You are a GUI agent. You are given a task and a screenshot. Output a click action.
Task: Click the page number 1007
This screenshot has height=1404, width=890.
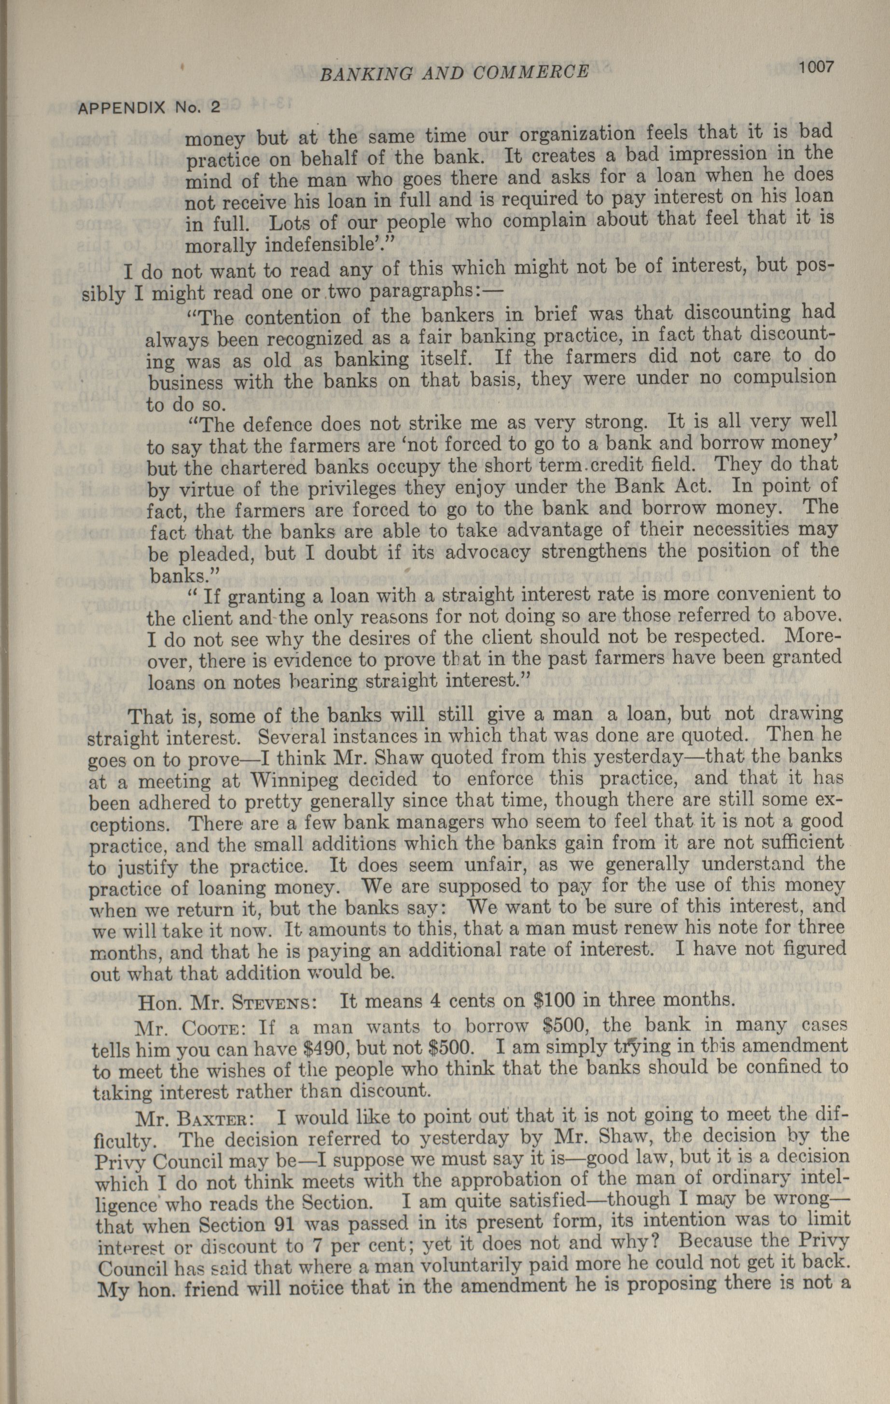(817, 67)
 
